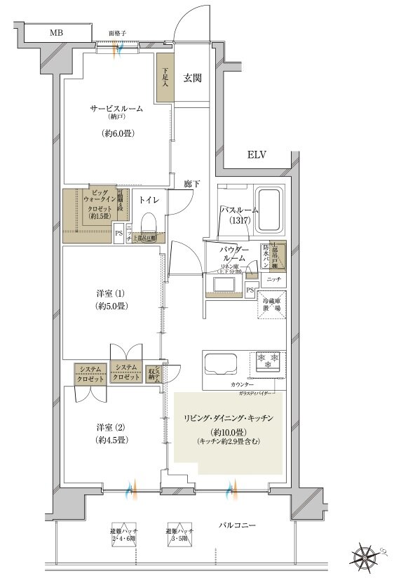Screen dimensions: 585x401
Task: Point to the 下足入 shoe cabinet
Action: click(165, 77)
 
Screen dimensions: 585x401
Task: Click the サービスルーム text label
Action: click(116, 109)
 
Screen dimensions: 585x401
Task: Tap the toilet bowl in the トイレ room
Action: click(148, 223)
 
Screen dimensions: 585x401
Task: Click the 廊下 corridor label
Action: click(192, 184)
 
